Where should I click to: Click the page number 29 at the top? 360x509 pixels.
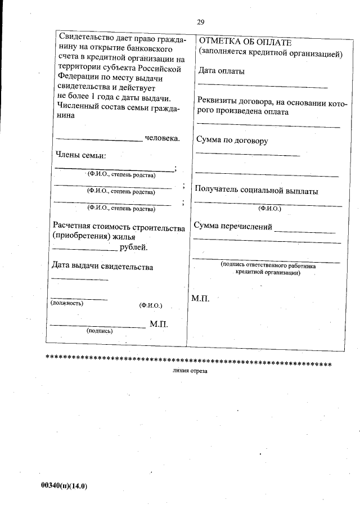[x=201, y=22]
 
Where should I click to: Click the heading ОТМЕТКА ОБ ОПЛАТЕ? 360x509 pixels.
[x=245, y=43]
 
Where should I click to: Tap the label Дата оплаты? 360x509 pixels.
[x=221, y=71]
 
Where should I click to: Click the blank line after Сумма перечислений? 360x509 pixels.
[x=304, y=231]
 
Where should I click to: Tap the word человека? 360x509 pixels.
[x=163, y=138]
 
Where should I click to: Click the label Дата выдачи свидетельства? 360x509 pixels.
[x=102, y=266]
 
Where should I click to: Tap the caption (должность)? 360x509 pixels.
[x=67, y=303]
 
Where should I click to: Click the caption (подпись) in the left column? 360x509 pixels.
[x=100, y=331]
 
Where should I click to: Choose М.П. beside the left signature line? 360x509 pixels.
[x=159, y=325]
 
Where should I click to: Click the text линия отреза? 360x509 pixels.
[x=190, y=372]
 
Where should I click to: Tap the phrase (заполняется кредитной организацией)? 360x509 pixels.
[x=270, y=55]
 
